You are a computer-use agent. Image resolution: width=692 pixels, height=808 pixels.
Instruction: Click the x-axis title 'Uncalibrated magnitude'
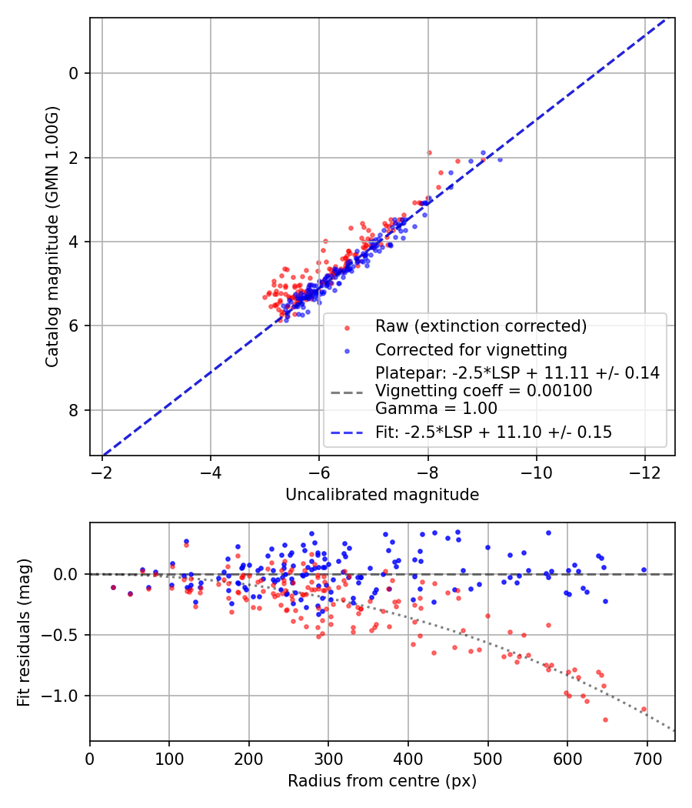(x=382, y=495)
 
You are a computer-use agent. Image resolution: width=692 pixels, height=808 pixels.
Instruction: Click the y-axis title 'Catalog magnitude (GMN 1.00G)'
(x=52, y=237)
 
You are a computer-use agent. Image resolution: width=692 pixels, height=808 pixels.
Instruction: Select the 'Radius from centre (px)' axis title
(x=382, y=781)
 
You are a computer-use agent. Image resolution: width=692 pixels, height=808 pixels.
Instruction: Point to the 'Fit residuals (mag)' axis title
(x=23, y=632)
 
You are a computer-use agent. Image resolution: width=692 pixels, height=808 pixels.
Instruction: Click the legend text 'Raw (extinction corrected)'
(x=481, y=326)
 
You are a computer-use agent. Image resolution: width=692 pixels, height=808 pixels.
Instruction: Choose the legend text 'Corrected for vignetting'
(x=471, y=350)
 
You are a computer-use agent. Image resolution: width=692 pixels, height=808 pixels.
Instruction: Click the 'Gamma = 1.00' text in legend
(x=436, y=409)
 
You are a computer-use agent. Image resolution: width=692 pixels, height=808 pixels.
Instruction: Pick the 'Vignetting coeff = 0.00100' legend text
(x=484, y=391)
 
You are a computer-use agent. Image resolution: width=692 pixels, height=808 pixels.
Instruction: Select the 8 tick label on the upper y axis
(x=75, y=410)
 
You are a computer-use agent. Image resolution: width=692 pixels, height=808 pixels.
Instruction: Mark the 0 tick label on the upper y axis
(x=75, y=73)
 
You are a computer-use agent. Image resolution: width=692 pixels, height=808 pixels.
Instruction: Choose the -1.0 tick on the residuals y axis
(x=65, y=696)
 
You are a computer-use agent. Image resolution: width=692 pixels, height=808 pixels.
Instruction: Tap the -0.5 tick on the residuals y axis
(x=65, y=635)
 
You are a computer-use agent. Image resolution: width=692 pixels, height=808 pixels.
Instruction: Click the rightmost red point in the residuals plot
(x=644, y=710)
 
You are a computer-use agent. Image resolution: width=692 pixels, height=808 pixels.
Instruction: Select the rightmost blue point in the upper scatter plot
(x=500, y=159)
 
